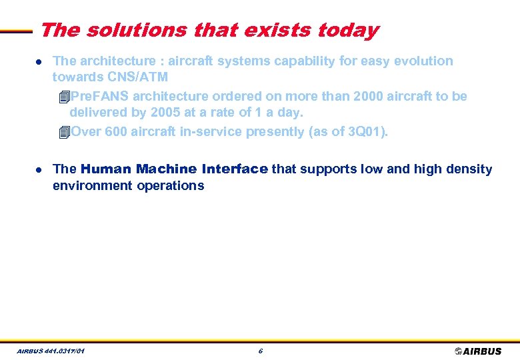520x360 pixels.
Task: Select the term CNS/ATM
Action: [x=138, y=78]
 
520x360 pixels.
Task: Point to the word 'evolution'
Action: [x=422, y=61]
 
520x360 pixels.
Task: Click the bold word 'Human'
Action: [x=106, y=169]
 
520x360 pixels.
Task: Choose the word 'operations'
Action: [x=172, y=186]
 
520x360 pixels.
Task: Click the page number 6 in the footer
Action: [x=260, y=351]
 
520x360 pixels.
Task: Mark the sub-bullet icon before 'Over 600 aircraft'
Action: [x=63, y=132]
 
